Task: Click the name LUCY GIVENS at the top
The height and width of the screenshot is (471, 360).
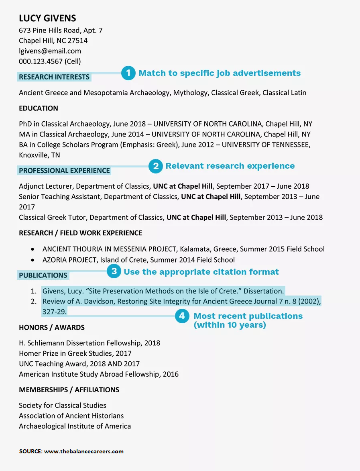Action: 47,18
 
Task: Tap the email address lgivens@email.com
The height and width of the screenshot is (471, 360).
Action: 50,51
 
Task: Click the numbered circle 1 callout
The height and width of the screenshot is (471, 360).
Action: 128,73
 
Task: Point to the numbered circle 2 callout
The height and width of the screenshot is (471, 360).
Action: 155,166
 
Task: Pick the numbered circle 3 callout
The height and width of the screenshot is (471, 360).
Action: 114,271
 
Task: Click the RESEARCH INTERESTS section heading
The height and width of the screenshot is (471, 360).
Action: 54,77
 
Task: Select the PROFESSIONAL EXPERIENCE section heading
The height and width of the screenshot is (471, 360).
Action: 64,171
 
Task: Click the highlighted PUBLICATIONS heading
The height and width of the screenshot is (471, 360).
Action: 43,275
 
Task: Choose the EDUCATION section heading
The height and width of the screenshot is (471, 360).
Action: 39,108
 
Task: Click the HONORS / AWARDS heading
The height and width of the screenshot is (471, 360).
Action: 52,328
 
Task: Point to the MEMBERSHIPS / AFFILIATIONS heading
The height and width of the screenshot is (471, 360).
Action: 69,390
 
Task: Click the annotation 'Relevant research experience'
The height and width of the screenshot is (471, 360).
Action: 230,166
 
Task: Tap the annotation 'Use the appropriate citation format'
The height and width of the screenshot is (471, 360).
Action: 201,272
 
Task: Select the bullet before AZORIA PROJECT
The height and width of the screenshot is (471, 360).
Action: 33,260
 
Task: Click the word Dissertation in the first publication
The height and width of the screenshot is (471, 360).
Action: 263,291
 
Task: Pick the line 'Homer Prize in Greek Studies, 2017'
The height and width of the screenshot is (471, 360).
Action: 75,354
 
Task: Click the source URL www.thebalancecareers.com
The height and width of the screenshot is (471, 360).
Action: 84,451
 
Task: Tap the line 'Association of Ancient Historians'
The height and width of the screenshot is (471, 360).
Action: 71,416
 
